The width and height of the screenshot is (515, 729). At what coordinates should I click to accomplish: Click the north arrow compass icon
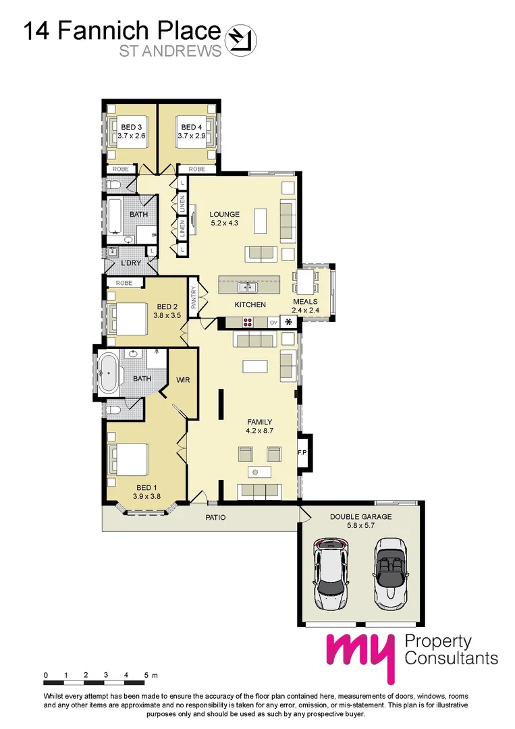click(240, 38)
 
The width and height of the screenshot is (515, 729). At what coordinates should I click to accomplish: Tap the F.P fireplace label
click(303, 452)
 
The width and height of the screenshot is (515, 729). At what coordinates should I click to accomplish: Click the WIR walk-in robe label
click(183, 380)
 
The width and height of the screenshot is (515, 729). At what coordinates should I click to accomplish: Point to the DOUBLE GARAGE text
click(360, 517)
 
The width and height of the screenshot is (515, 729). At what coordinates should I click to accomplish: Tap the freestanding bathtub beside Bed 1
click(108, 373)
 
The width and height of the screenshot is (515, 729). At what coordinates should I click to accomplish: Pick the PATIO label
click(216, 518)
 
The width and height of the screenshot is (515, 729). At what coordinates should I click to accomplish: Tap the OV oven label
click(273, 323)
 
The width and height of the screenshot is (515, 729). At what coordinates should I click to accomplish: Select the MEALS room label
click(305, 302)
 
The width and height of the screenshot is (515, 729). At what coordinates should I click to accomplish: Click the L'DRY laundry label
click(130, 263)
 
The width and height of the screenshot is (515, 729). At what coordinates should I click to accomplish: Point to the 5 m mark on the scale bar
click(147, 675)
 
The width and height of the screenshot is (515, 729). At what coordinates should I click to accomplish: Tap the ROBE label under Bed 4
click(196, 169)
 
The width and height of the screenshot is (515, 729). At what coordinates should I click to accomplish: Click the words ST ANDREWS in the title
click(170, 52)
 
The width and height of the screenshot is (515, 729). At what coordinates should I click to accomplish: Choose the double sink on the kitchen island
click(248, 287)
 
